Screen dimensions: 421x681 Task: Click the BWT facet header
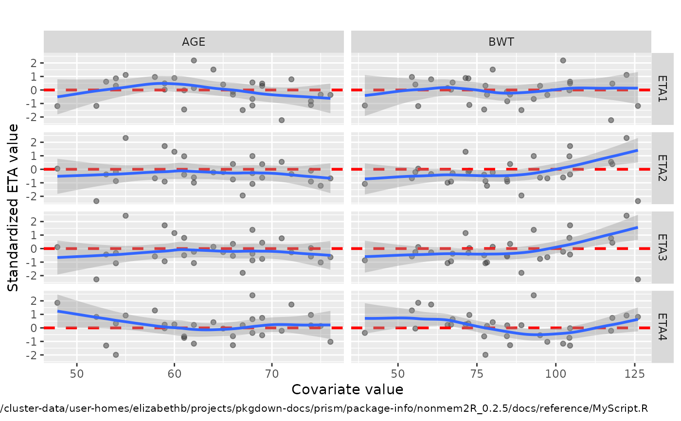[x=501, y=42]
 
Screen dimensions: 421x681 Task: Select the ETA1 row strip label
[x=662, y=90]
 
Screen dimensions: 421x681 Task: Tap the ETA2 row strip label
[x=662, y=169]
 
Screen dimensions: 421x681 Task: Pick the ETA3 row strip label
[x=662, y=248]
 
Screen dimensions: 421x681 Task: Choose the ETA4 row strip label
[x=662, y=328]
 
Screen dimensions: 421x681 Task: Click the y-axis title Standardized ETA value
[x=14, y=208]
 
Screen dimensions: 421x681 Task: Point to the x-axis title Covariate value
[x=347, y=389]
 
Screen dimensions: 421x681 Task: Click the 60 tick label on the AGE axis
[x=175, y=373]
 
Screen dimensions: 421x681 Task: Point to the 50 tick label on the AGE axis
[x=77, y=373]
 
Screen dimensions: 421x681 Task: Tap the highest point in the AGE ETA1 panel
[x=194, y=60]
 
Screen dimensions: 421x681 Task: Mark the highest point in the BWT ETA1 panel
[x=563, y=60]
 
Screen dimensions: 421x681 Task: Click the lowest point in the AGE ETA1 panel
[x=281, y=120]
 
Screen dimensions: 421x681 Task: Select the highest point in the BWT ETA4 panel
[x=534, y=295]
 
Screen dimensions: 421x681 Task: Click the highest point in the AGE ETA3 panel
[x=125, y=215]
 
